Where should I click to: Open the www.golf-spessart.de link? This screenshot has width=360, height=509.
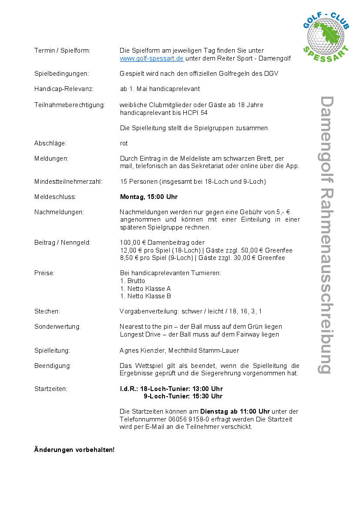pos(151,58)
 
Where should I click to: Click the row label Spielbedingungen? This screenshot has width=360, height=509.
pos(61,74)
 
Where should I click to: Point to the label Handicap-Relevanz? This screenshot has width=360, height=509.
pos(64,89)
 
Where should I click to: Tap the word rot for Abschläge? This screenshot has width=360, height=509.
pos(124,143)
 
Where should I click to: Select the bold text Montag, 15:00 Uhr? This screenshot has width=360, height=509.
pos(149,197)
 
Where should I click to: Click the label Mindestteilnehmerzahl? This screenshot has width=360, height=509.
pos(68,182)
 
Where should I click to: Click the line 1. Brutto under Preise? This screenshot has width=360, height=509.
pos(133,281)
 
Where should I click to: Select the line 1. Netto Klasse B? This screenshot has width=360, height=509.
pos(145,296)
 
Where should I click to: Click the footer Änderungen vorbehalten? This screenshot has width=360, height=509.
pos(74,449)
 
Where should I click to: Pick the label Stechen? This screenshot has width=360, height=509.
pos(47,311)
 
